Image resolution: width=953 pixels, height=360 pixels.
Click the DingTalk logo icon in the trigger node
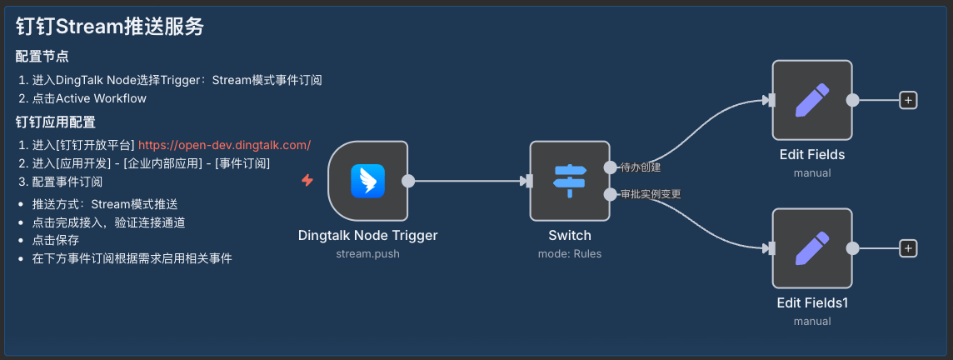coord(367,181)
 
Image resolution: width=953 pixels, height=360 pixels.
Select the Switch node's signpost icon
coord(570,181)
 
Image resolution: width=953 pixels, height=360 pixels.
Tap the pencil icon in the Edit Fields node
coord(812,100)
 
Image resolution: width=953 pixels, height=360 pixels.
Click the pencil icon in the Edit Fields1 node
coord(812,248)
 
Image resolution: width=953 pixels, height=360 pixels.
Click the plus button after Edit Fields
coord(908,100)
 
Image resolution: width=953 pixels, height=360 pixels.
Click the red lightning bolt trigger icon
coord(307,181)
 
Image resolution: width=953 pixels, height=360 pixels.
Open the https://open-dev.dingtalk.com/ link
coord(225,145)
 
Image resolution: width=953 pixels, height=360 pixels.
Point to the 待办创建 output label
coord(641,167)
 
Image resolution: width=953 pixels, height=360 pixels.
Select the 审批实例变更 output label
coord(651,195)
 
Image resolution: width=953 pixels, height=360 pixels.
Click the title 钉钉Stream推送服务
coord(109,27)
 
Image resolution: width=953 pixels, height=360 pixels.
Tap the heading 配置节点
coord(42,57)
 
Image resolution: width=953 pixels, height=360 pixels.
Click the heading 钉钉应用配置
coord(55,122)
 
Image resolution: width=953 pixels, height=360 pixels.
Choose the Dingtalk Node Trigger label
coord(367,235)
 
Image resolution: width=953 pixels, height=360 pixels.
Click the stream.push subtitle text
coord(367,253)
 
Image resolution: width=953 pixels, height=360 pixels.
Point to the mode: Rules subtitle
coord(570,253)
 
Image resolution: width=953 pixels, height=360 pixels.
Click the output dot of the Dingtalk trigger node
coord(408,181)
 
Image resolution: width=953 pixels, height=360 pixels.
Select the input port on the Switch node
coord(529,181)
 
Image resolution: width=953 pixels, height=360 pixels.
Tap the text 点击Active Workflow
coord(89,98)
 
